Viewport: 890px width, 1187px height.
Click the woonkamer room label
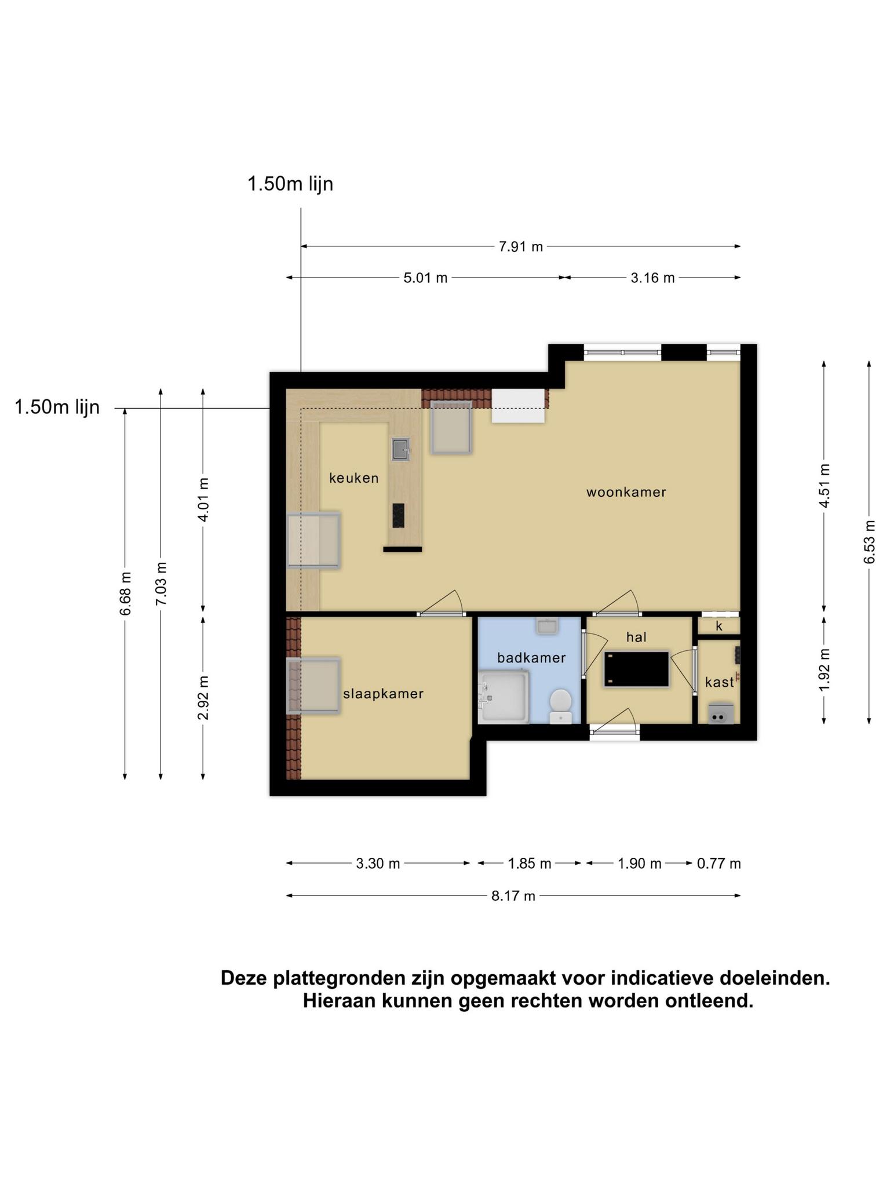(626, 492)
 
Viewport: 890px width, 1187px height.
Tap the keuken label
(354, 478)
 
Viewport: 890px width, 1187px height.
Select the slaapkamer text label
(384, 694)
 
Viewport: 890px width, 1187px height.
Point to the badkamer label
(531, 658)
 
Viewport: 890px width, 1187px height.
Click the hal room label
(636, 637)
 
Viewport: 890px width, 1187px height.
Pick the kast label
(719, 682)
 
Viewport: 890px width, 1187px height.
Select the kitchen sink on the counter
(400, 449)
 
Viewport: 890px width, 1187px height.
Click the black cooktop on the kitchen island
(398, 515)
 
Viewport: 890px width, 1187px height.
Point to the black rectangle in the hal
(637, 669)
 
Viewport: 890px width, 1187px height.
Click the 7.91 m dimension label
(521, 247)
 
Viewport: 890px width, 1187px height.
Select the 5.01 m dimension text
(425, 278)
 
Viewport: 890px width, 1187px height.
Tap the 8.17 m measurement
(513, 896)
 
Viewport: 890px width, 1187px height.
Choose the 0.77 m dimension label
(719, 864)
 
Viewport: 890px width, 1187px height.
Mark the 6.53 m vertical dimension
(869, 542)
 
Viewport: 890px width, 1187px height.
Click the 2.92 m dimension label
(203, 698)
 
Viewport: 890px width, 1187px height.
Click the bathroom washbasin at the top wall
(546, 626)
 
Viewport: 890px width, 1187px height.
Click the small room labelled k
(719, 626)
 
